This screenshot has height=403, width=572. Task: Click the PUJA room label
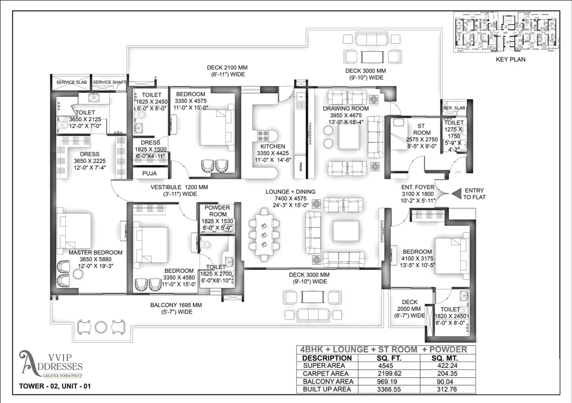149,174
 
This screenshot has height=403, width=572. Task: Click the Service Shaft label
109,82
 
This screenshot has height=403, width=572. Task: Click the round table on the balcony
101,327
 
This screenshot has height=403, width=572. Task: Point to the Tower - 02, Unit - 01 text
54,386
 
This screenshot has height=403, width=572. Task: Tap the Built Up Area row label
327,390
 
